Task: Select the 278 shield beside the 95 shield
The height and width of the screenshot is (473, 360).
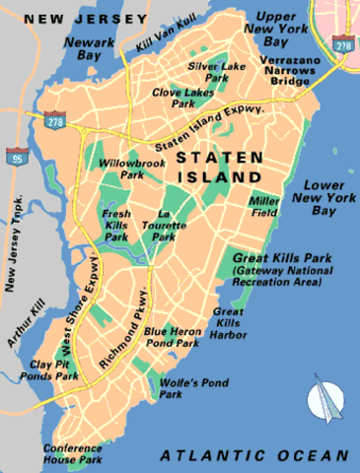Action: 53,119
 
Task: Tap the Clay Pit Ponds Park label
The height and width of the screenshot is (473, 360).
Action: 53,370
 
